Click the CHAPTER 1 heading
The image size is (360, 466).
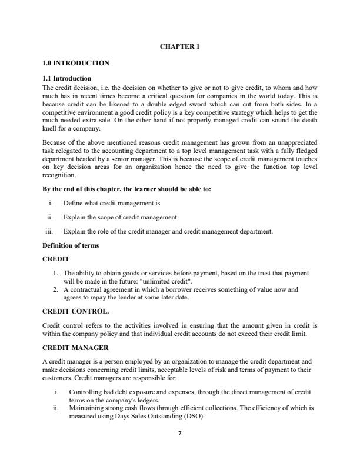pos(179,47)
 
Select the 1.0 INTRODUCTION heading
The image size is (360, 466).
pos(76,62)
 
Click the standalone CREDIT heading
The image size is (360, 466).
pos(56,258)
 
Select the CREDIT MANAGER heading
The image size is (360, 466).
pos(76,348)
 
